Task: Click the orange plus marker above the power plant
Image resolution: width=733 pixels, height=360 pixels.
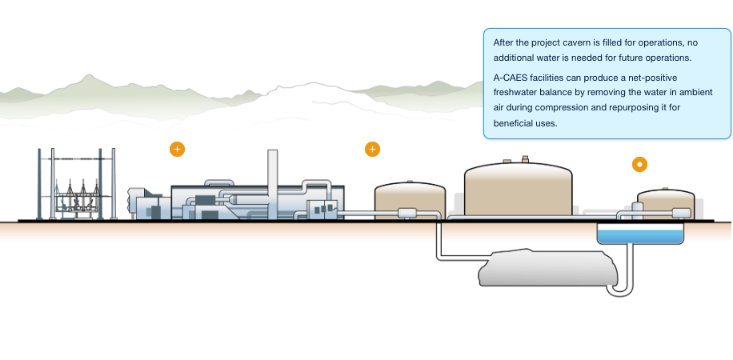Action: (177, 149)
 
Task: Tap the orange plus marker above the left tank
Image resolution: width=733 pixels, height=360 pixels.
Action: (372, 149)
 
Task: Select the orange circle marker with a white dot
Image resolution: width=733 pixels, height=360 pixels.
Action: (639, 164)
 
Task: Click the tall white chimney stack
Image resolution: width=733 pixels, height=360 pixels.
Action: (272, 176)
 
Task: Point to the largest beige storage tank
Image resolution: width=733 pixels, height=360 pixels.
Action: (519, 189)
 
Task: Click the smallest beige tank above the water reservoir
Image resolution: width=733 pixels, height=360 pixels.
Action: (665, 201)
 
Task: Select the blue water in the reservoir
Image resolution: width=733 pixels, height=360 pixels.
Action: (640, 235)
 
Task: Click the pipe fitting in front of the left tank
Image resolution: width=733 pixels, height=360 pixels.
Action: (407, 212)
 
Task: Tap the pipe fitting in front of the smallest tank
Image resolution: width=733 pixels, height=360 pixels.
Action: (681, 212)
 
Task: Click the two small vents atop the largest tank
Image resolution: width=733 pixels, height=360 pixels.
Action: (516, 159)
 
